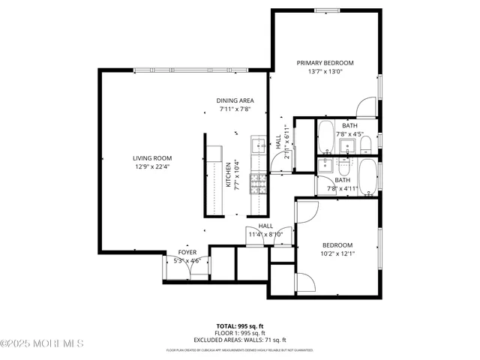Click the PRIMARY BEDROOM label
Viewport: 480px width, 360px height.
(325, 63)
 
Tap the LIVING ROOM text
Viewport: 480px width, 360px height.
(153, 157)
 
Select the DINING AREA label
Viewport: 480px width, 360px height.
(235, 100)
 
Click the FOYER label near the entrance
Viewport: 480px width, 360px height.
(187, 253)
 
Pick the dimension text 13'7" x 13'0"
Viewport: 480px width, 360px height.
(325, 72)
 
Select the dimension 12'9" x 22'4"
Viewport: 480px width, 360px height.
(153, 166)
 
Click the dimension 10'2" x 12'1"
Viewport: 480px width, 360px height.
(338, 253)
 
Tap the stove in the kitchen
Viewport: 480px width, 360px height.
(258, 184)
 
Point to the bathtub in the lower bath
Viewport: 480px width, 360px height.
(367, 178)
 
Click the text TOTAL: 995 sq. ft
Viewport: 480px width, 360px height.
(240, 326)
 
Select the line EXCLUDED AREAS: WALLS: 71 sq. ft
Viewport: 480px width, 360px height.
(240, 340)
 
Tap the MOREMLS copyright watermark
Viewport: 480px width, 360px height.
(42, 343)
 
